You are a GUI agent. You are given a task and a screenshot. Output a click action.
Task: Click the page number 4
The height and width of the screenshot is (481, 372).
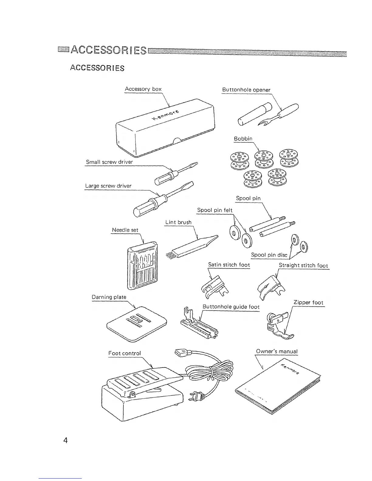pos(65,440)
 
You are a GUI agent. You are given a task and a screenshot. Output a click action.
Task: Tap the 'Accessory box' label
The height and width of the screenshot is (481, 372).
pos(143,89)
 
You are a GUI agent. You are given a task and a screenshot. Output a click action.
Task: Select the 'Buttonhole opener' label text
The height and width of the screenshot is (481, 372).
pos(246,90)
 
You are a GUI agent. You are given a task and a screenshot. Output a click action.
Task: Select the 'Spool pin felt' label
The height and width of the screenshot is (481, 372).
pos(215,210)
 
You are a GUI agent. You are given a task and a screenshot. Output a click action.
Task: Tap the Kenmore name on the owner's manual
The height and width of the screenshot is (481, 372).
pos(291,369)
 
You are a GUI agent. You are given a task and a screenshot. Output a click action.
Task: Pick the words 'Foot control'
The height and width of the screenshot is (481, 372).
pos(125,353)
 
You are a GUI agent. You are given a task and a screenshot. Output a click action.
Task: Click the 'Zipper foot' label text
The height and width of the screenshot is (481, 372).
pos(308,302)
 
